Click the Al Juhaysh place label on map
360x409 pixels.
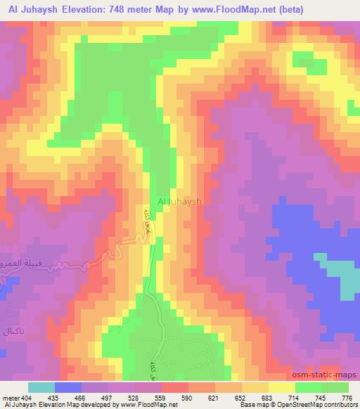179,201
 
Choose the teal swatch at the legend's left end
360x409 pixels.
41,387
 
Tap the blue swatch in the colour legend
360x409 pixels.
68,387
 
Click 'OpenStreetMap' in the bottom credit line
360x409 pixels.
293,405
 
